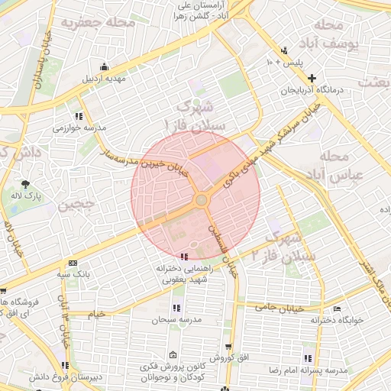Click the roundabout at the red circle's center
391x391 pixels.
[202, 200]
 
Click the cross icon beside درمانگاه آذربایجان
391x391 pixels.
[312, 78]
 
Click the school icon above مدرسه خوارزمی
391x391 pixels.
[79, 116]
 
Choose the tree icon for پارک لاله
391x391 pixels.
[26, 184]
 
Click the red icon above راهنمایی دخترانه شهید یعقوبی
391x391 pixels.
[183, 257]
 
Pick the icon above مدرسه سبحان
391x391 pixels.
[177, 307]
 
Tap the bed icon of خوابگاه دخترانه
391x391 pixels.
[338, 309]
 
